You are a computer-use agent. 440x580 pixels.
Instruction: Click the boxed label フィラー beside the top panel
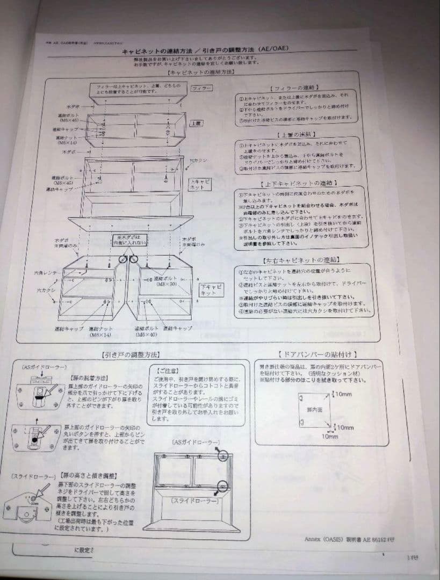pyautogui.click(x=202, y=88)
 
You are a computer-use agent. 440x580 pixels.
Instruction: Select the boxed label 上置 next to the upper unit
pyautogui.click(x=196, y=123)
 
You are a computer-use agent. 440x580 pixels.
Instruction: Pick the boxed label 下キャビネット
pyautogui.click(x=211, y=290)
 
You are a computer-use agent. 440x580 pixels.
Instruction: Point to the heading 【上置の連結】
pyautogui.click(x=297, y=134)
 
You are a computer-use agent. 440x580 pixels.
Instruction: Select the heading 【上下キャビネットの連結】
pyautogui.click(x=297, y=184)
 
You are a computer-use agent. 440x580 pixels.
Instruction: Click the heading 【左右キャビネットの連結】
pyautogui.click(x=297, y=261)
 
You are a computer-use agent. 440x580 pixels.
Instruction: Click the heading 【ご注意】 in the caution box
pyautogui.click(x=166, y=371)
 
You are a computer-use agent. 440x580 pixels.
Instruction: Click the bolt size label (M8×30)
pyautogui.click(x=164, y=285)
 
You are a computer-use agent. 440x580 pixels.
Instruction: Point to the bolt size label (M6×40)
pyautogui.click(x=146, y=334)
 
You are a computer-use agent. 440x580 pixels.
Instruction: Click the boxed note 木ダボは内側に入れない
pyautogui.click(x=129, y=240)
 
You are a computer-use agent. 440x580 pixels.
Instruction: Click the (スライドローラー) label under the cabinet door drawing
pyautogui.click(x=194, y=501)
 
